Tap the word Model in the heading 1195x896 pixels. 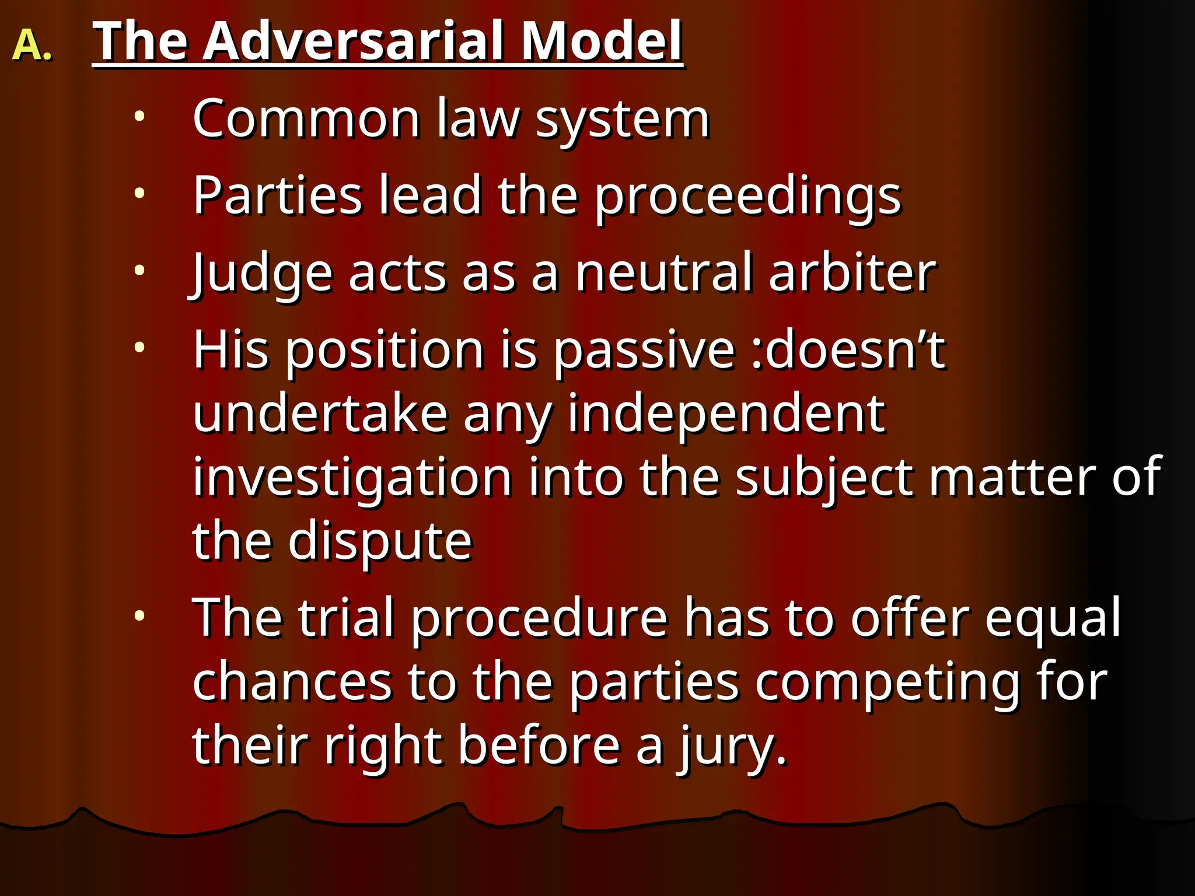point(601,41)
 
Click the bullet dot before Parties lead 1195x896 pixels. point(139,193)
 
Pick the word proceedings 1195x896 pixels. point(748,197)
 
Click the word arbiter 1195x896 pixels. point(852,273)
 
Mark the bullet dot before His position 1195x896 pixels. point(139,348)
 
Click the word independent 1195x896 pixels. point(726,415)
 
